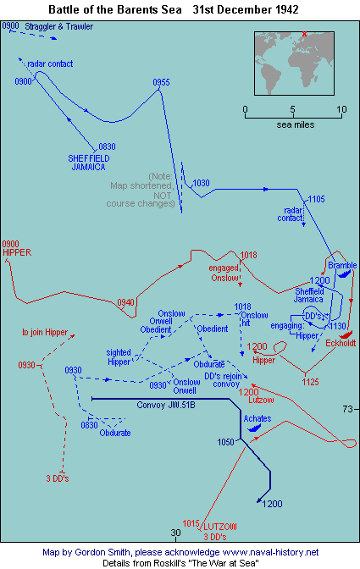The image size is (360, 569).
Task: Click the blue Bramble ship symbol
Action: (x=345, y=273)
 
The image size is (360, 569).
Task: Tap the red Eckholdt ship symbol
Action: (x=346, y=335)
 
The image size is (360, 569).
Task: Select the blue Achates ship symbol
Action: (x=254, y=428)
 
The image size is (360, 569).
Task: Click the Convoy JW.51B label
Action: (x=166, y=405)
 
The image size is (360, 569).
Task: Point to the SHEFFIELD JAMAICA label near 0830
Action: (x=89, y=163)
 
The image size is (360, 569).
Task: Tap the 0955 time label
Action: (x=161, y=82)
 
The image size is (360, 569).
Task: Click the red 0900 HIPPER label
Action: (x=17, y=248)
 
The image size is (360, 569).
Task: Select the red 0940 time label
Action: (x=125, y=302)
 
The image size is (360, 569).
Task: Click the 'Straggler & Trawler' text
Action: (x=58, y=26)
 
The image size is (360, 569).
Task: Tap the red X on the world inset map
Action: (x=304, y=34)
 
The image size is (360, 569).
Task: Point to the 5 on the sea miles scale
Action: (x=292, y=109)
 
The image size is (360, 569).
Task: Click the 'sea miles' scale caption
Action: (x=295, y=124)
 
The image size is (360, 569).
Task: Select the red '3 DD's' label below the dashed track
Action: (x=58, y=478)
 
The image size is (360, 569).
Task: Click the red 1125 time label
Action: (x=310, y=382)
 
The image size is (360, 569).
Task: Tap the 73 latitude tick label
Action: (x=347, y=409)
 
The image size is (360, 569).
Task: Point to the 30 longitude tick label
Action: (x=175, y=533)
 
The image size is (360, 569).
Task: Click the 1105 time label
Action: (x=316, y=199)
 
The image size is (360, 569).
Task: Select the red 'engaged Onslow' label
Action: (x=224, y=273)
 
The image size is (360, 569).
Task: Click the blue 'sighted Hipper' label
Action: (x=119, y=357)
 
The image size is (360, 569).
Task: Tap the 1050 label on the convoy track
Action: (x=225, y=442)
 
